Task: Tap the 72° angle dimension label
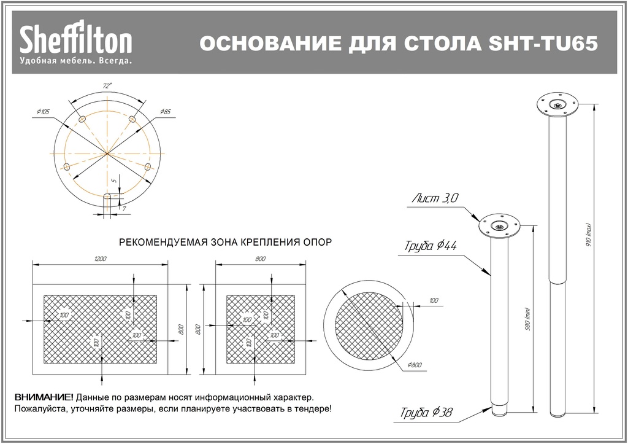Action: [107, 87]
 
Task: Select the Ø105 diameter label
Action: [43, 111]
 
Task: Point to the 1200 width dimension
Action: [101, 259]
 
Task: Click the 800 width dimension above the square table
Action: [260, 259]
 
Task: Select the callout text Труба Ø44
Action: [431, 246]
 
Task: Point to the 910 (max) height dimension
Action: [587, 236]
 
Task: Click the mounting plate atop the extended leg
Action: [557, 105]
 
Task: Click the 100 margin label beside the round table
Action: [434, 300]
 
